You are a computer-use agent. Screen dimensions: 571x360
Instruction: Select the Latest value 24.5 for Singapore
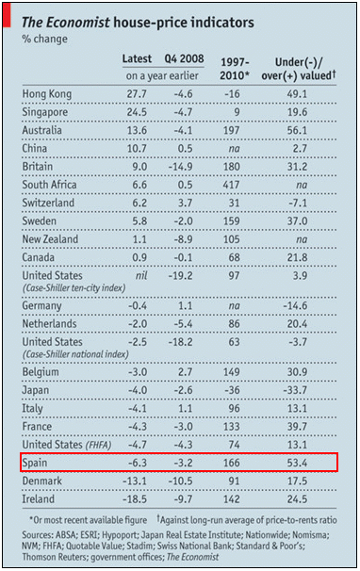coord(138,113)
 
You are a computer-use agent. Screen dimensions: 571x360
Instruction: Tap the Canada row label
coord(41,258)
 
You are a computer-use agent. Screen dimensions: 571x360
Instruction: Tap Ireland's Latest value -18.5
coord(138,498)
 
